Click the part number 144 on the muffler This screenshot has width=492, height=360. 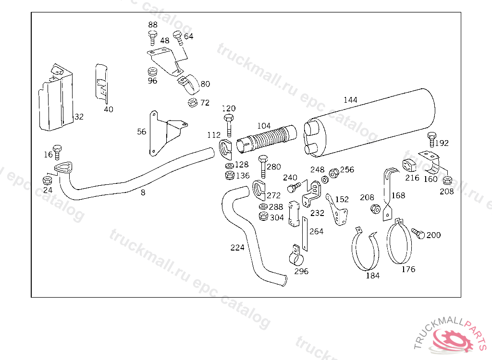pos(350,100)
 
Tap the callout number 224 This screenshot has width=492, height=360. pos(237,247)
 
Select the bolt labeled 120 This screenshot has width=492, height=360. pos(229,125)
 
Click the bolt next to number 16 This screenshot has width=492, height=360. pos(57,153)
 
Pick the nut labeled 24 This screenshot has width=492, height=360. pos(47,180)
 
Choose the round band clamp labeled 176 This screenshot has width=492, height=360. pos(399,241)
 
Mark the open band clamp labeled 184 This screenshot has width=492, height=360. pos(366,249)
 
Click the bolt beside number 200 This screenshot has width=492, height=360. pos(418,233)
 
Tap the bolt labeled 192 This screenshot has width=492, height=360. pos(432,140)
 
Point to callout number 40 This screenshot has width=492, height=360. pos(109,109)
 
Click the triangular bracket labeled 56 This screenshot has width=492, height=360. pos(167,133)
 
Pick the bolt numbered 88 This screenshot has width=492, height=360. pos(152,38)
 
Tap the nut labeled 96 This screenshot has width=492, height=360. pos(152,72)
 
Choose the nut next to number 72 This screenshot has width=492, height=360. pos(192,102)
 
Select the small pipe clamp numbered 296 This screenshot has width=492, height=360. pos(296,255)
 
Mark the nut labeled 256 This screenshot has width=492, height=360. pos(334,173)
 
